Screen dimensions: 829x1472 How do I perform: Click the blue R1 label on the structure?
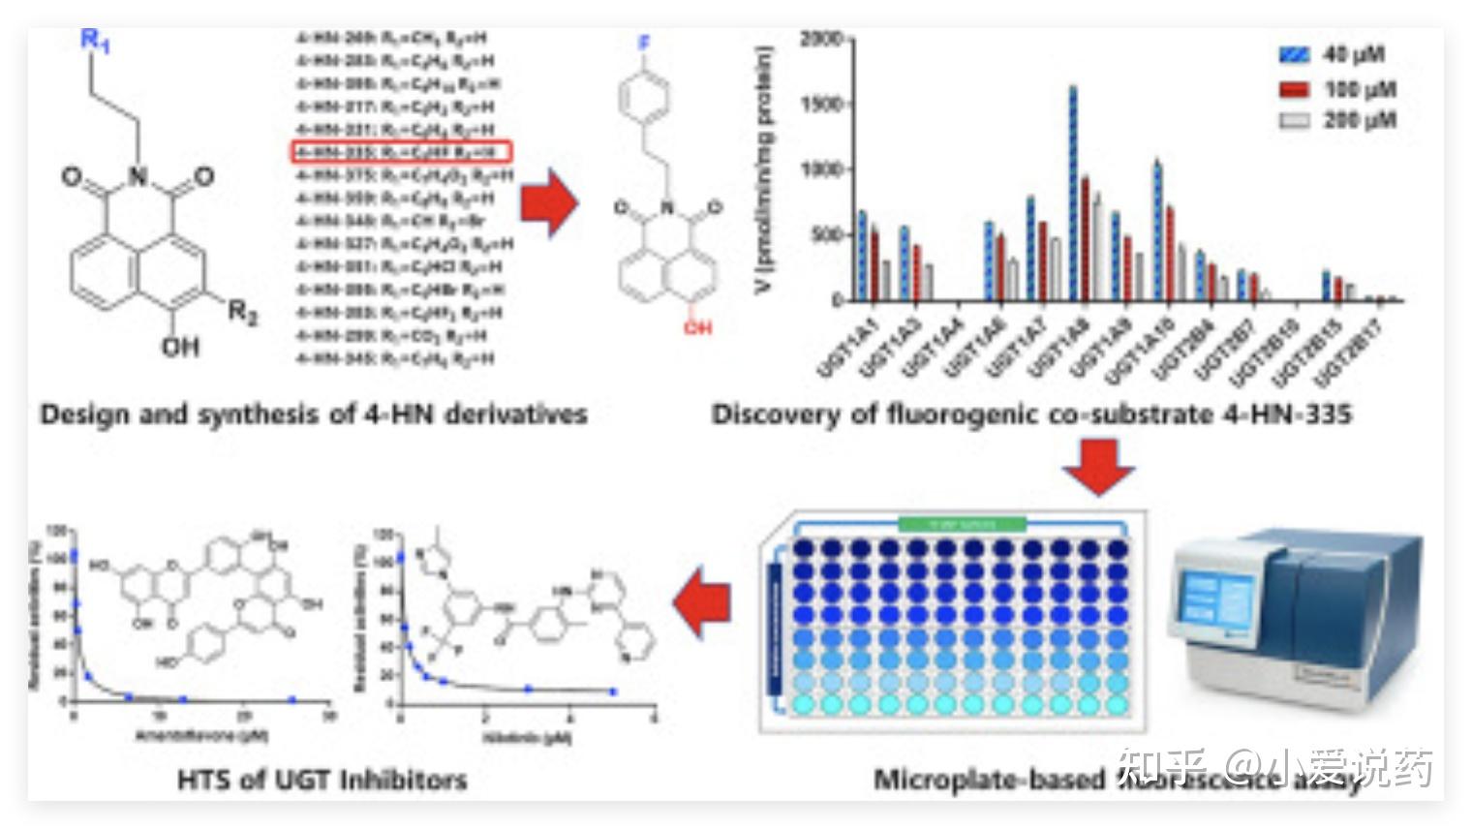coord(95,41)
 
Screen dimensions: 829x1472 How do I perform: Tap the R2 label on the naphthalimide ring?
coord(243,312)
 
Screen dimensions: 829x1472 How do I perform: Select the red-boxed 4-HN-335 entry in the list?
coord(401,152)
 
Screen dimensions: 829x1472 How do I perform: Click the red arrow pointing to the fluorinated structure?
coord(548,202)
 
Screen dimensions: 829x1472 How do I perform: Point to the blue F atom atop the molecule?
coord(644,45)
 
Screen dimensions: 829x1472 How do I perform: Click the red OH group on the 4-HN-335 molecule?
coord(697,328)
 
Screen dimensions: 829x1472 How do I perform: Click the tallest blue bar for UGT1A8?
coord(1073,194)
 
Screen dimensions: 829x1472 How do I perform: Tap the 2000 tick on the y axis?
coord(821,39)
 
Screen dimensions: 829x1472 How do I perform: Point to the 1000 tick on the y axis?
coord(821,169)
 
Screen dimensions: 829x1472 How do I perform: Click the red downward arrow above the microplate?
coord(1098,467)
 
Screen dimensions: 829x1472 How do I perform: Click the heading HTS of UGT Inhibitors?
coord(322,780)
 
